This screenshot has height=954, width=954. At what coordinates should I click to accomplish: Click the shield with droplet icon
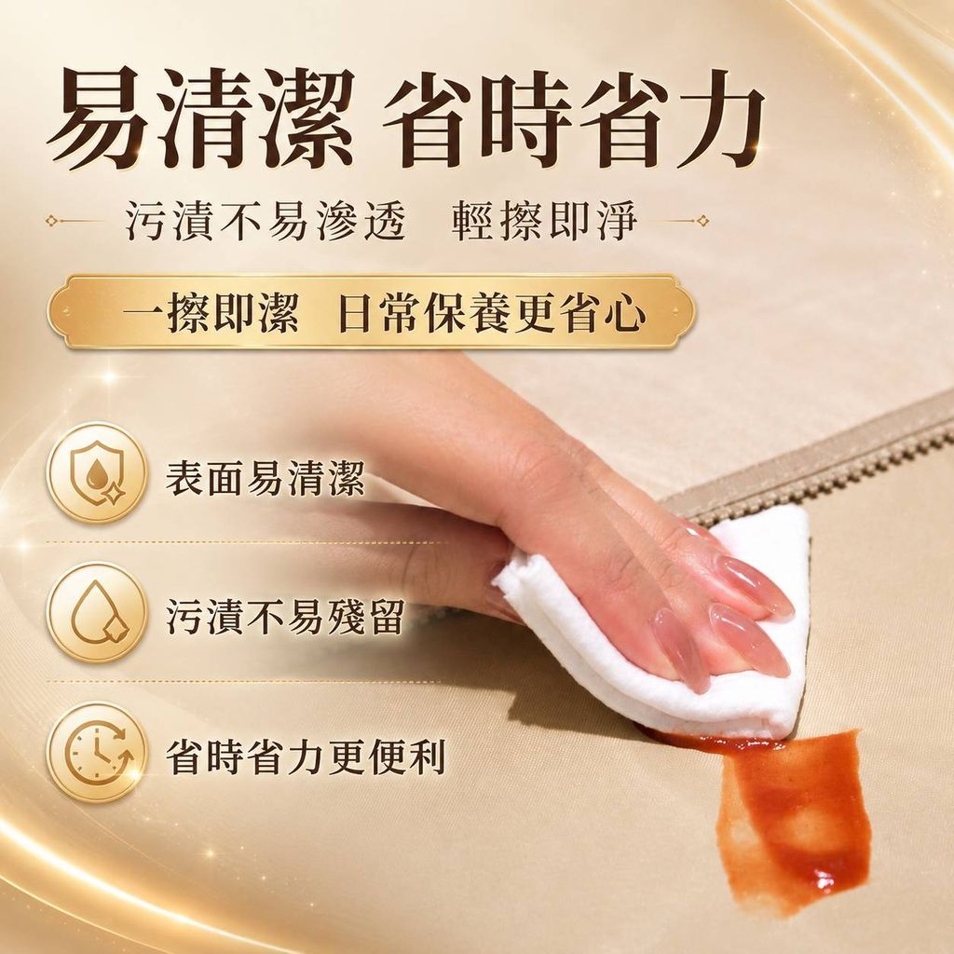[97, 473]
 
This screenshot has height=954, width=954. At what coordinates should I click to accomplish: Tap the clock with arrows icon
[97, 753]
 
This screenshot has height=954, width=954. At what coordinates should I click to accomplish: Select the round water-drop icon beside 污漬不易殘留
[97, 613]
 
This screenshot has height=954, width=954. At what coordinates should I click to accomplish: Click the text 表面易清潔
[266, 477]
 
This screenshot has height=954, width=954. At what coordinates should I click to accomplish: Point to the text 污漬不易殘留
[285, 617]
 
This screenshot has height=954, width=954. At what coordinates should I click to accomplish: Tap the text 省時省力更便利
[306, 756]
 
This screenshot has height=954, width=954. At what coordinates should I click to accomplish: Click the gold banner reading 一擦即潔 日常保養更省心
[371, 312]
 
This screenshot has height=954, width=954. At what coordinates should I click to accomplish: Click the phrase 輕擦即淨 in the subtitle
[544, 220]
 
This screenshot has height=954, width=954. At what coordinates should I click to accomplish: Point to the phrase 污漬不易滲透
[266, 220]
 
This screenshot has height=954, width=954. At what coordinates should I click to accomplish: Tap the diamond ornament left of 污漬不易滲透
[51, 220]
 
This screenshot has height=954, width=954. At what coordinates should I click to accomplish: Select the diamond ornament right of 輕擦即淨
[702, 220]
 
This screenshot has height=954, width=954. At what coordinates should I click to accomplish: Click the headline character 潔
[305, 118]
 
